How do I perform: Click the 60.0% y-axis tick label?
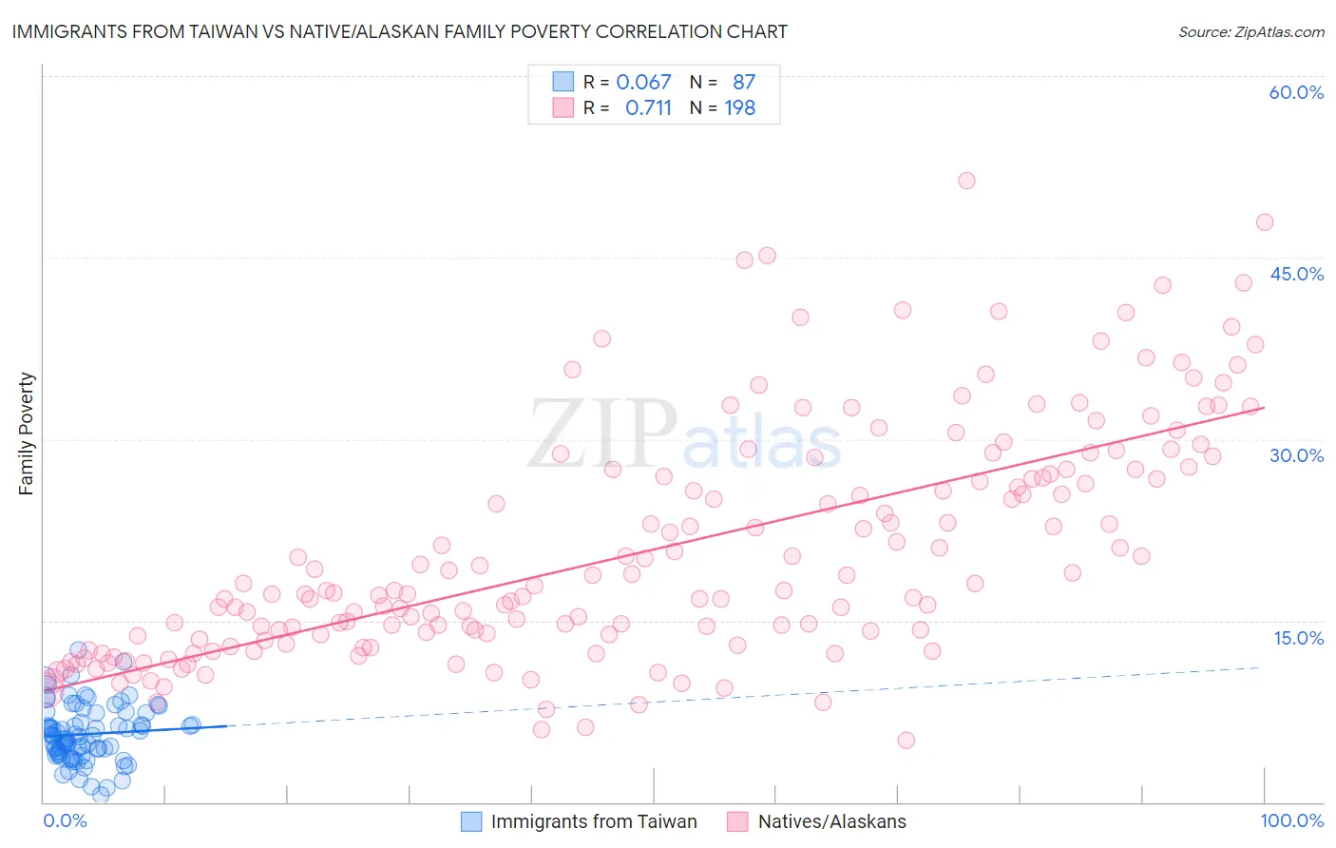[x=1296, y=92]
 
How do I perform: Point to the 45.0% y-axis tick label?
[x=1296, y=274]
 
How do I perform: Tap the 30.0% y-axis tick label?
[x=1296, y=455]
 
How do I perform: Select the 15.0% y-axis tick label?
[x=1298, y=638]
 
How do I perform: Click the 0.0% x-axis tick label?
[x=65, y=820]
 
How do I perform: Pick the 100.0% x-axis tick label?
[x=1291, y=820]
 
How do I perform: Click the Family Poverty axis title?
[x=27, y=434]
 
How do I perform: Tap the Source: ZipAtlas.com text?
[x=1250, y=31]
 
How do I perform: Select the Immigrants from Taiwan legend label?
[x=594, y=821]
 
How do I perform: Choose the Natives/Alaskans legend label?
[x=831, y=821]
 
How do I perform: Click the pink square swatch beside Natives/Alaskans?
[x=737, y=821]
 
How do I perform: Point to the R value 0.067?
[x=643, y=82]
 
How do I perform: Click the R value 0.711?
[x=648, y=108]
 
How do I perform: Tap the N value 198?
[x=739, y=108]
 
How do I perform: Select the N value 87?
[x=743, y=82]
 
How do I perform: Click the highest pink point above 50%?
[x=966, y=181]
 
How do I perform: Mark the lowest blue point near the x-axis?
[x=101, y=795]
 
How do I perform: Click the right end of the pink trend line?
[x=1264, y=407]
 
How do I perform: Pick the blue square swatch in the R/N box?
[x=563, y=82]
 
